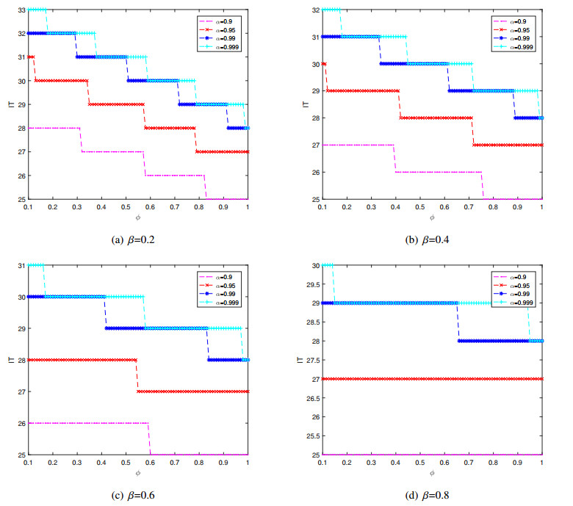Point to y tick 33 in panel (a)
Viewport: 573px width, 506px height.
[x=21, y=10]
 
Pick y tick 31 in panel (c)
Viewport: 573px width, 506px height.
[x=21, y=265]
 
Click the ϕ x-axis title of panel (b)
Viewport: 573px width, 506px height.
[x=432, y=218]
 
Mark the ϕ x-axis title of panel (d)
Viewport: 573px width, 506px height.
[x=432, y=474]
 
